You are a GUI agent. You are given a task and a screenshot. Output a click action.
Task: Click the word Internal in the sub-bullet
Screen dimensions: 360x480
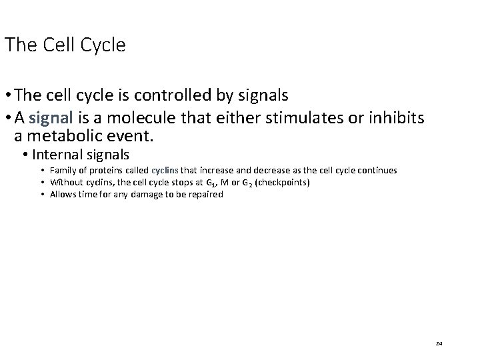pos(57,155)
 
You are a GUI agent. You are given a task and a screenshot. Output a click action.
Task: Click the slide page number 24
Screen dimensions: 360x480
pos(439,343)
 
